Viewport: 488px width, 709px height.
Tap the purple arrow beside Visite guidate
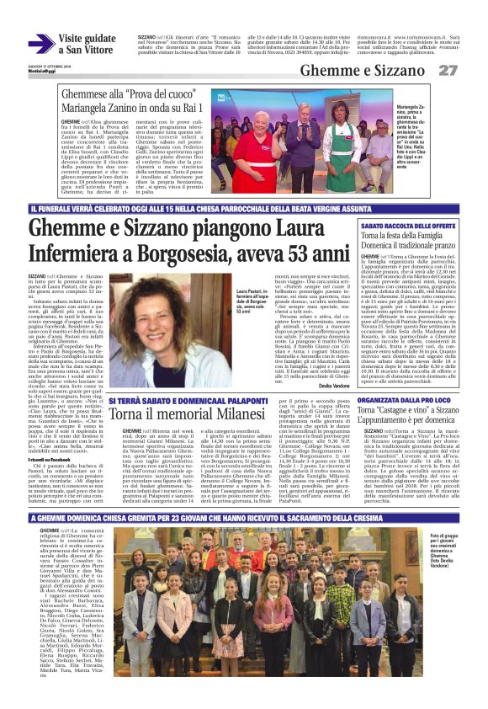(40, 44)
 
